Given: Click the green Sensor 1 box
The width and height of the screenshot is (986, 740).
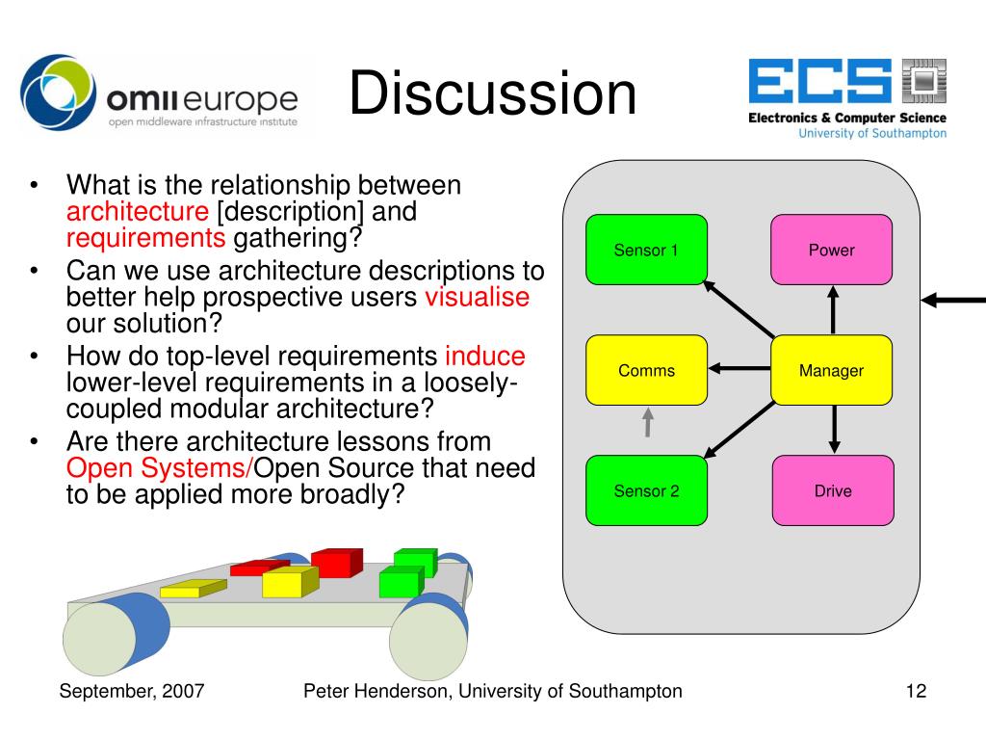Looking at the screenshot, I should point(646,250).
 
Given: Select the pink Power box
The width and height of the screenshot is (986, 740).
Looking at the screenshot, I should point(831,250).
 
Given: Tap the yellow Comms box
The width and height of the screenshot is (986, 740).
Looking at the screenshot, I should point(646,370).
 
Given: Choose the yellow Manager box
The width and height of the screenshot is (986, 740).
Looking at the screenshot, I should point(831,370).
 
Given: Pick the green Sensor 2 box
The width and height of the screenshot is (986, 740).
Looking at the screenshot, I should point(646,490).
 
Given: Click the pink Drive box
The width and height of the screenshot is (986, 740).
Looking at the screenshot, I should point(833,490).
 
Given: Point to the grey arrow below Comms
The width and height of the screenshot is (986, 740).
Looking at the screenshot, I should point(648,421).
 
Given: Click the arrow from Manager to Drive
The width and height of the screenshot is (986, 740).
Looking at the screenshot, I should point(834,428).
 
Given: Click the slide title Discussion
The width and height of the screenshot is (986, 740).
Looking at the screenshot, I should point(492,94).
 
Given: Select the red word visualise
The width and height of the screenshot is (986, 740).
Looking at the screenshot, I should point(477,297).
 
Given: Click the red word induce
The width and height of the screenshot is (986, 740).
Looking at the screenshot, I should point(485,357).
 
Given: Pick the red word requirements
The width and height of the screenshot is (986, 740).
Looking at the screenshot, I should point(145,238).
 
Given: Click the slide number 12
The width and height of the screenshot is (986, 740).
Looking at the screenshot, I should point(916,691).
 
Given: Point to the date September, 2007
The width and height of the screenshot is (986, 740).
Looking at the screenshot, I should point(132,691).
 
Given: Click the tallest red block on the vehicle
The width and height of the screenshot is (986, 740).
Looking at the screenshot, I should point(336,562).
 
